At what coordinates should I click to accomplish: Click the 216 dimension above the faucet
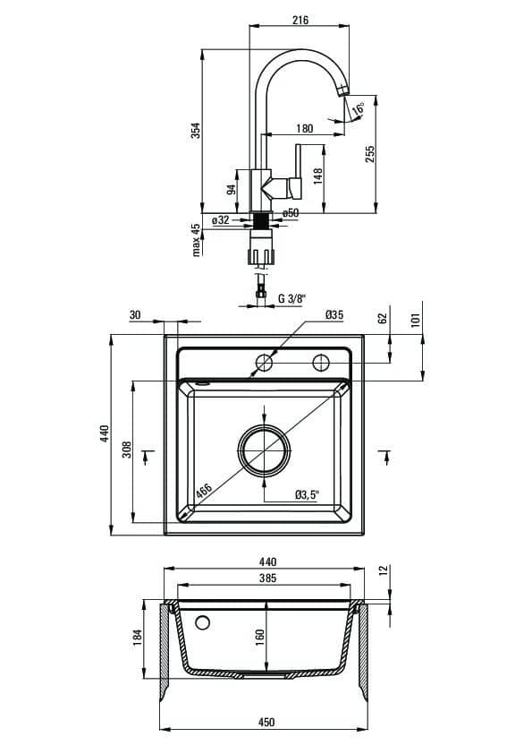tap(300, 21)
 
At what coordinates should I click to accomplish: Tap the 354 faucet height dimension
tap(196, 131)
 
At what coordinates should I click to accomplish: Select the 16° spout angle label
tap(359, 108)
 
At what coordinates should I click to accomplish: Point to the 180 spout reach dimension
tap(304, 128)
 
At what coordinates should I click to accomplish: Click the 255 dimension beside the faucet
tap(369, 154)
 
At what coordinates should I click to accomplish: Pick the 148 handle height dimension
tap(317, 176)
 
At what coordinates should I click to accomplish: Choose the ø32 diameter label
tap(221, 220)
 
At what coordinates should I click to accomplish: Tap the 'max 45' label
tap(196, 239)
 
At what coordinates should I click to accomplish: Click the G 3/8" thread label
tap(291, 298)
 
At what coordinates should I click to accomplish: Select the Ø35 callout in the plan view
tap(334, 315)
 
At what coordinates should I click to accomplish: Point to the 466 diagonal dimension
tap(204, 492)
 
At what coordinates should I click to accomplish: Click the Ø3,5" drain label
tap(308, 494)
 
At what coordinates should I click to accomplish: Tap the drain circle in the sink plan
tap(265, 450)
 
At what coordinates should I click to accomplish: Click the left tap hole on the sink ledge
tap(265, 363)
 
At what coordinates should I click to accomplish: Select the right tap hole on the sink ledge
tap(321, 363)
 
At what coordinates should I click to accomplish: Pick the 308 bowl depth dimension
tap(126, 450)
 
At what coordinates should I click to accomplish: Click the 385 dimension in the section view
tap(267, 578)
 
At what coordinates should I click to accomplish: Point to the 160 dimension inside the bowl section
tap(260, 638)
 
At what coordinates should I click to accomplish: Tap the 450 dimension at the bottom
tap(266, 722)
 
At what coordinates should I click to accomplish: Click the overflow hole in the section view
tap(203, 622)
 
